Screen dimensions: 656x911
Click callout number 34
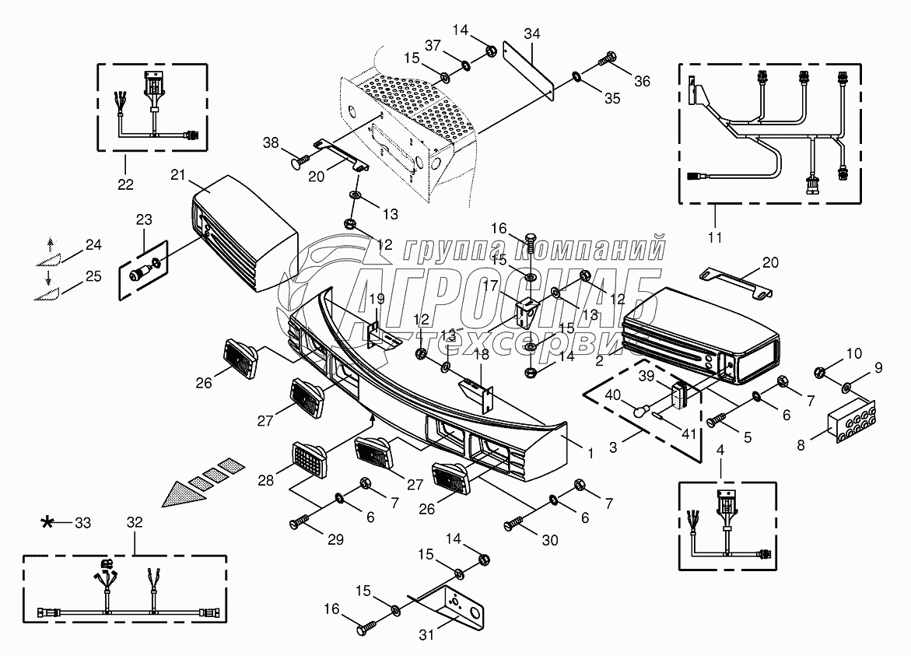pos(532,33)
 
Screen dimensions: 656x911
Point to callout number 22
pos(125,184)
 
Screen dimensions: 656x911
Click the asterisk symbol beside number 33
pos(48,523)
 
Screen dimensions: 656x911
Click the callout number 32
pos(134,523)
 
